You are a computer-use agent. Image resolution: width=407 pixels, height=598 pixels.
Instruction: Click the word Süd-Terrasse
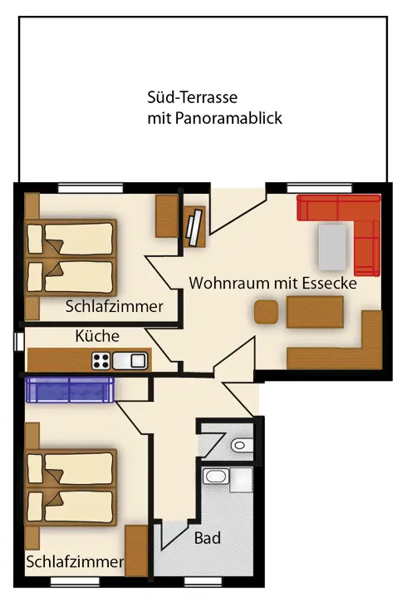tap(192, 97)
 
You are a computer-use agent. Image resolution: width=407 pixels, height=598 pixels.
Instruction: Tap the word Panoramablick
tap(228, 118)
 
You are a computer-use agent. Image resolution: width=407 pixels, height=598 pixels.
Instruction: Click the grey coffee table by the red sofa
tap(333, 247)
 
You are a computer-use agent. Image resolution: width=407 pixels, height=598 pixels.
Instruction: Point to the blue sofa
tap(70, 389)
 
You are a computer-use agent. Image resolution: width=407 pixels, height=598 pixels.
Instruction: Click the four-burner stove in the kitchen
tap(101, 361)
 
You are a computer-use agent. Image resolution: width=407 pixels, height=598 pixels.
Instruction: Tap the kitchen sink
tap(130, 361)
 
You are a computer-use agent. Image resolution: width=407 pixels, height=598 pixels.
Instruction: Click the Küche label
tap(97, 336)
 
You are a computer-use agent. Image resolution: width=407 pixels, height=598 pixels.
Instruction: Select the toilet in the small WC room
tap(243, 445)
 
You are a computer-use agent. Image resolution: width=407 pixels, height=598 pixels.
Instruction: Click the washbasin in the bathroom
tap(215, 476)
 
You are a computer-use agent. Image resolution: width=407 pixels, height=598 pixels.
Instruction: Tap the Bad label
tap(208, 538)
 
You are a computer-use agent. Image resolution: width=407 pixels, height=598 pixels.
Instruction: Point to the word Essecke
tap(329, 284)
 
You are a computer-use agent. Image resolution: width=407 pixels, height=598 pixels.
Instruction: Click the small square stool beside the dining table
tap(266, 313)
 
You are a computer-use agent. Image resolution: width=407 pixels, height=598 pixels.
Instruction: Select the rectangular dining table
tap(316, 313)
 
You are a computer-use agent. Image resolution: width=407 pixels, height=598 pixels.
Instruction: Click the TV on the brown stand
tap(194, 227)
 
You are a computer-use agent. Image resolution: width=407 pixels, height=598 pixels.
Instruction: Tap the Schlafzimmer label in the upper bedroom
tap(115, 307)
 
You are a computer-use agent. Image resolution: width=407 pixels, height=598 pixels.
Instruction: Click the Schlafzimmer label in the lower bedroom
tap(75, 561)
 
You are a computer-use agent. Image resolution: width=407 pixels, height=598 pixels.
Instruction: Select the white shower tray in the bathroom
tap(242, 480)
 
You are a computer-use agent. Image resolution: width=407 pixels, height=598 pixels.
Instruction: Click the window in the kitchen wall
tap(18, 342)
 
